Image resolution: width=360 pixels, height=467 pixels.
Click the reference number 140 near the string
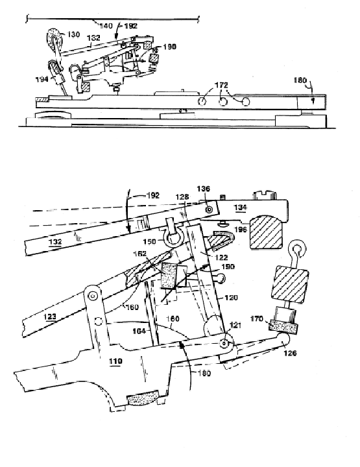click(x=104, y=26)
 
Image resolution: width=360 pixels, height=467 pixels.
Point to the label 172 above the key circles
click(x=222, y=86)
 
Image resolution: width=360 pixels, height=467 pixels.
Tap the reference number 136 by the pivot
click(x=204, y=189)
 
